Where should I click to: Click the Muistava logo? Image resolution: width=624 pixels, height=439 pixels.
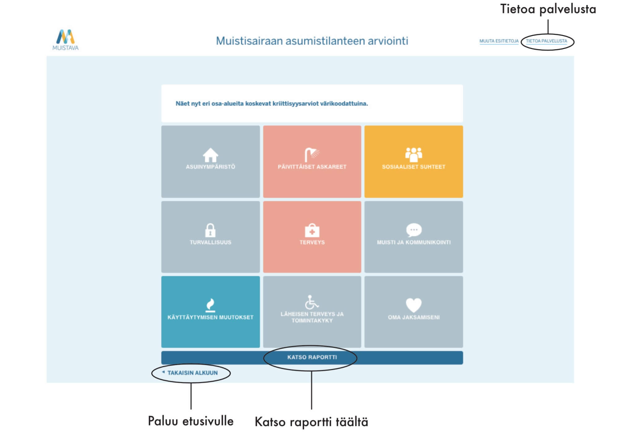[x=65, y=40]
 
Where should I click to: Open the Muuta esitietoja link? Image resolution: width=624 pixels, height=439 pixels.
[x=499, y=41]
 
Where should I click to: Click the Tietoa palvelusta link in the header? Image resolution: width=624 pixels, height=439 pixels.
[x=546, y=41]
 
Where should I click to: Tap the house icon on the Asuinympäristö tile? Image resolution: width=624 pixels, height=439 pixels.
[x=210, y=155]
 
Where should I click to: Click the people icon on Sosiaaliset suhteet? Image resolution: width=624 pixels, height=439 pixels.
[x=414, y=154]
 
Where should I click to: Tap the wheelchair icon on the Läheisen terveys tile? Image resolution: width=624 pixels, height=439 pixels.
[x=312, y=302]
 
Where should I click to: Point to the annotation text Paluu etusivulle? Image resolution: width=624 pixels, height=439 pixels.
[x=191, y=421]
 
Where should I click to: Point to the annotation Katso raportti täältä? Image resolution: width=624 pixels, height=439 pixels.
[x=311, y=422]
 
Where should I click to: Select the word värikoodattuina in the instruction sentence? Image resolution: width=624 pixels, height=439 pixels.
[x=344, y=104]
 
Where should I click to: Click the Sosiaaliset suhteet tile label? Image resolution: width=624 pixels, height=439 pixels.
[x=414, y=167]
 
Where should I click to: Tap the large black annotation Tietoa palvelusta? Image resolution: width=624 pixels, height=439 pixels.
[x=548, y=9]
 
